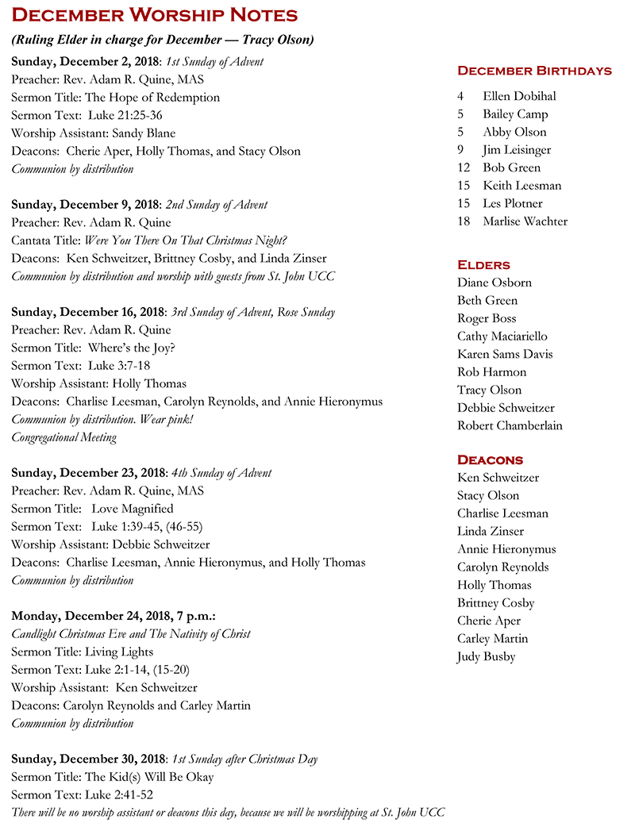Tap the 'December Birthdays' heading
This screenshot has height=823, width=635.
click(534, 71)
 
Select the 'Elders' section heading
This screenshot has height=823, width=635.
click(483, 264)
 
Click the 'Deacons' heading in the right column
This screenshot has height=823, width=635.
click(490, 460)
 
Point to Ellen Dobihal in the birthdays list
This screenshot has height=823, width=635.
click(519, 96)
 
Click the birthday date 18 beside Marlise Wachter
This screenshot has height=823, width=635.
click(464, 221)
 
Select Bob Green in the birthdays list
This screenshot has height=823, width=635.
click(512, 167)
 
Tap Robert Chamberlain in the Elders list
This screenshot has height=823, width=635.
click(510, 425)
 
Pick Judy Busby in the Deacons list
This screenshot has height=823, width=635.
click(486, 656)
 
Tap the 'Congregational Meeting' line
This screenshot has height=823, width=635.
click(63, 437)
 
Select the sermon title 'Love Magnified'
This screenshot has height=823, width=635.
click(132, 509)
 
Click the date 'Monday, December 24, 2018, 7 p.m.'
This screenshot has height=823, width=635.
click(114, 616)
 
